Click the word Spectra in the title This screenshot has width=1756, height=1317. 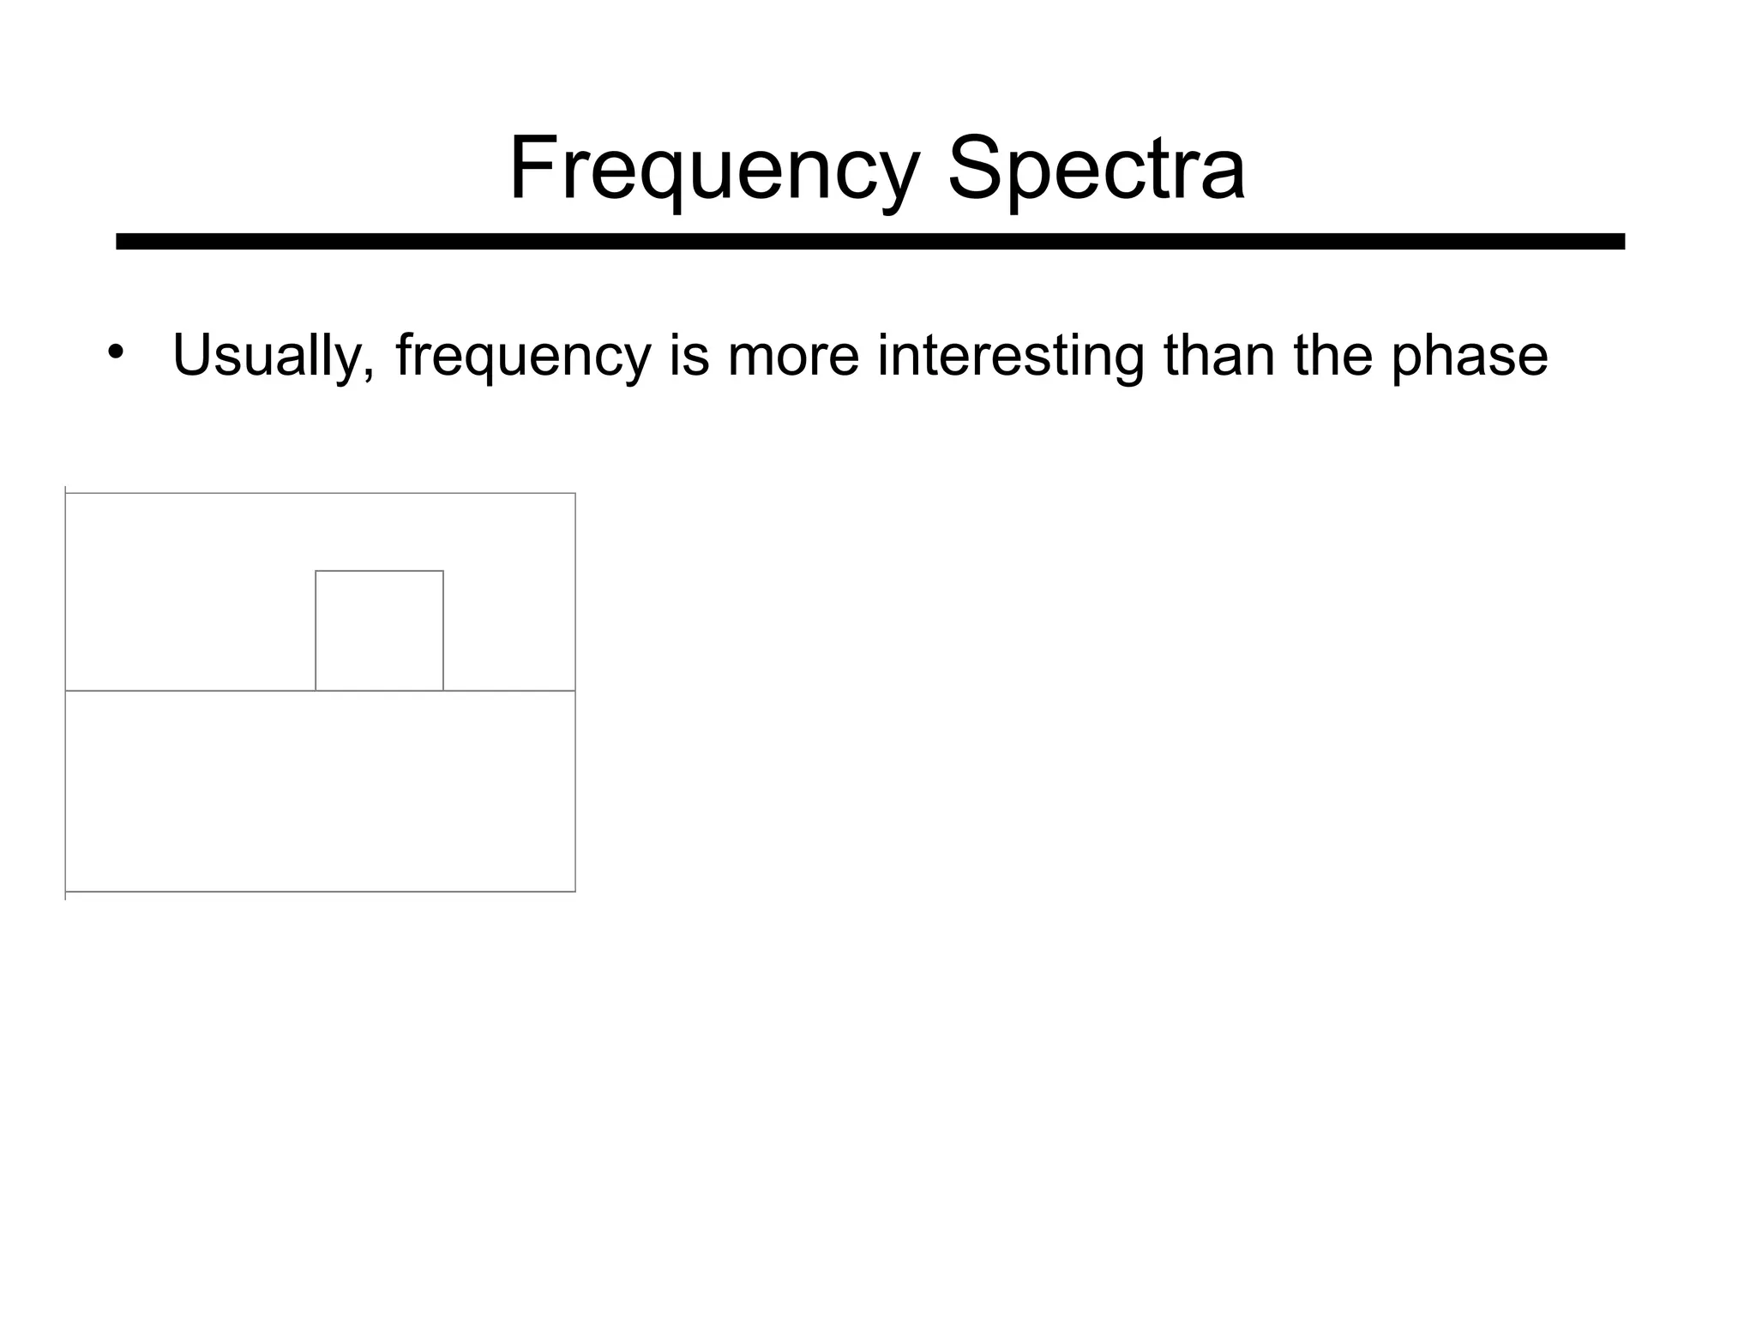pyautogui.click(x=1095, y=169)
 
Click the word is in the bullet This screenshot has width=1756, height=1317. pyautogui.click(x=689, y=355)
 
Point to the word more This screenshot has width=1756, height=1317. pyautogui.click(x=793, y=355)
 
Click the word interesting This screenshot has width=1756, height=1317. pyautogui.click(x=1010, y=355)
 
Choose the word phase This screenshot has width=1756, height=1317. pyautogui.click(x=1469, y=355)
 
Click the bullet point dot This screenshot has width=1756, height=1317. pyautogui.click(x=116, y=353)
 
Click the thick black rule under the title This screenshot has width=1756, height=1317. pyautogui.click(x=869, y=242)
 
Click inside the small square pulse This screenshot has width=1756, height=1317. pyautogui.click(x=379, y=630)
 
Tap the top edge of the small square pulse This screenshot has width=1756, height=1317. pyautogui.click(x=379, y=571)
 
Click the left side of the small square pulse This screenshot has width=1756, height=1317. pyautogui.click(x=316, y=630)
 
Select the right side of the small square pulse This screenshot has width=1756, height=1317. pyautogui.click(x=443, y=630)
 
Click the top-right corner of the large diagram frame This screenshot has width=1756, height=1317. pyautogui.click(x=575, y=494)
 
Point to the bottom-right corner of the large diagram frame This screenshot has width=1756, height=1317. pyautogui.click(x=575, y=892)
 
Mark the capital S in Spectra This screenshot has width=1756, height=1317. pyautogui.click(x=975, y=169)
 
